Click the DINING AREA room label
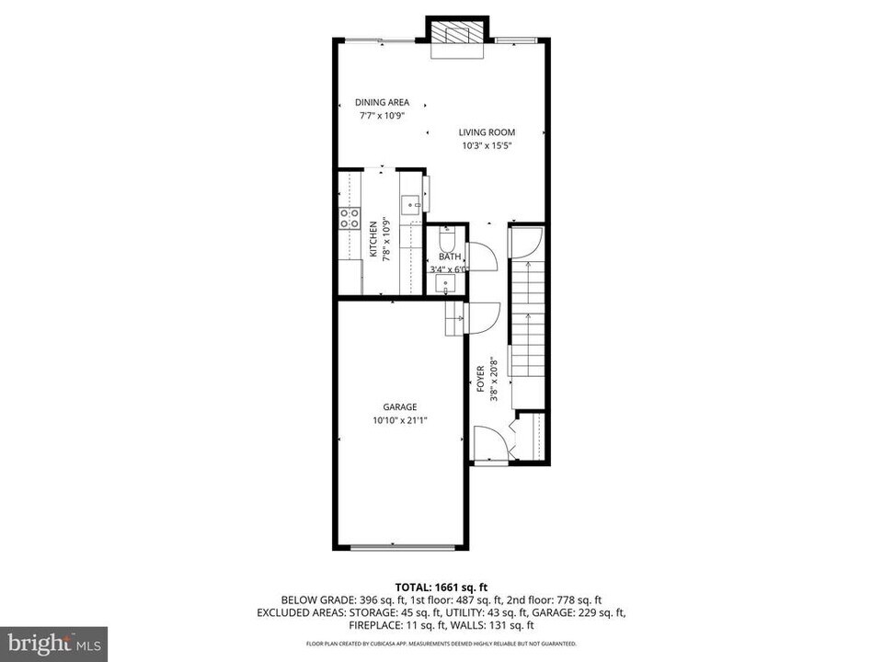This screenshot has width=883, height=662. tap(382, 102)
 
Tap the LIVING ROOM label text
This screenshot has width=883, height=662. tap(487, 132)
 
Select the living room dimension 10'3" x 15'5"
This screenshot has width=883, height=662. tap(487, 145)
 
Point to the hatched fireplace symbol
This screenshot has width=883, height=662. tap(452, 34)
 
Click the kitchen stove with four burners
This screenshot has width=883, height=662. tap(350, 218)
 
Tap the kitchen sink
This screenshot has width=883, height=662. tap(411, 203)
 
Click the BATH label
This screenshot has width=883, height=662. tap(449, 257)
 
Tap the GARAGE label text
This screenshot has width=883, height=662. tap(400, 407)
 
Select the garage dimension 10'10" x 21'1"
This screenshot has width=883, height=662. tap(400, 420)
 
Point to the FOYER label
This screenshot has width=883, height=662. tap(480, 380)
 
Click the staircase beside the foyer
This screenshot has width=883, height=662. tap(528, 317)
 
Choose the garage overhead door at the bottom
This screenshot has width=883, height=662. tap(401, 548)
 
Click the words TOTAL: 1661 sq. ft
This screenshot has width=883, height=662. tap(441, 586)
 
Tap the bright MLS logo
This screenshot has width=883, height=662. tap(53, 643)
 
